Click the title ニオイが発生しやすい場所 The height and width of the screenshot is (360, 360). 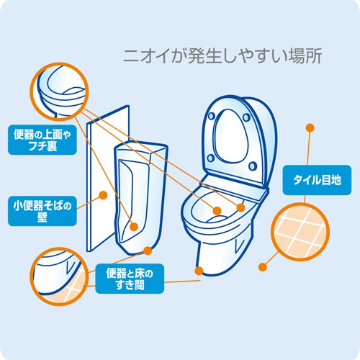point(222,56)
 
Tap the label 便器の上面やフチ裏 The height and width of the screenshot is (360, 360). point(42,140)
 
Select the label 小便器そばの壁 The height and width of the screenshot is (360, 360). point(42,211)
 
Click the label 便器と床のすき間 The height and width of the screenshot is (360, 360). point(130,279)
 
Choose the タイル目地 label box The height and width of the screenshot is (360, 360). point(317,180)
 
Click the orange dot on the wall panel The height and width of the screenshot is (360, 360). point(103,195)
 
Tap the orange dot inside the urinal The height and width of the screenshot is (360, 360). point(134,227)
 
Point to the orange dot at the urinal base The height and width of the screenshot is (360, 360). point(148,251)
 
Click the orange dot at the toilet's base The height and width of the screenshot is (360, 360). point(199,271)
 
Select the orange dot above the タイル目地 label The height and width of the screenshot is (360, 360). point(310,128)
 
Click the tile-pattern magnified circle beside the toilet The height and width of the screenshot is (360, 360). point(300,232)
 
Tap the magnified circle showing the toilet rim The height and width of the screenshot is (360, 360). point(59,91)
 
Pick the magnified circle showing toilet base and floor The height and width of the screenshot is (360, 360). point(59,276)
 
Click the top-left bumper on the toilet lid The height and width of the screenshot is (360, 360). point(212,116)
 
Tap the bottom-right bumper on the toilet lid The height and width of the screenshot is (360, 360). point(253,166)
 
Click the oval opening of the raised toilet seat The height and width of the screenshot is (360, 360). point(232,136)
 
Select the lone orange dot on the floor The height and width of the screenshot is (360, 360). point(263,267)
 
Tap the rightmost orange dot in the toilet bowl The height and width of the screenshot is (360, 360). point(240,207)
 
